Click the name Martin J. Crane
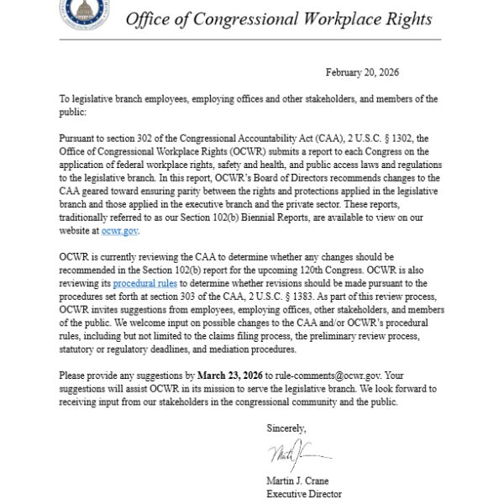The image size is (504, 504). click(300, 481)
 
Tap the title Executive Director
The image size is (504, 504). click(304, 494)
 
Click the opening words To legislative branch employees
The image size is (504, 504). click(121, 99)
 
